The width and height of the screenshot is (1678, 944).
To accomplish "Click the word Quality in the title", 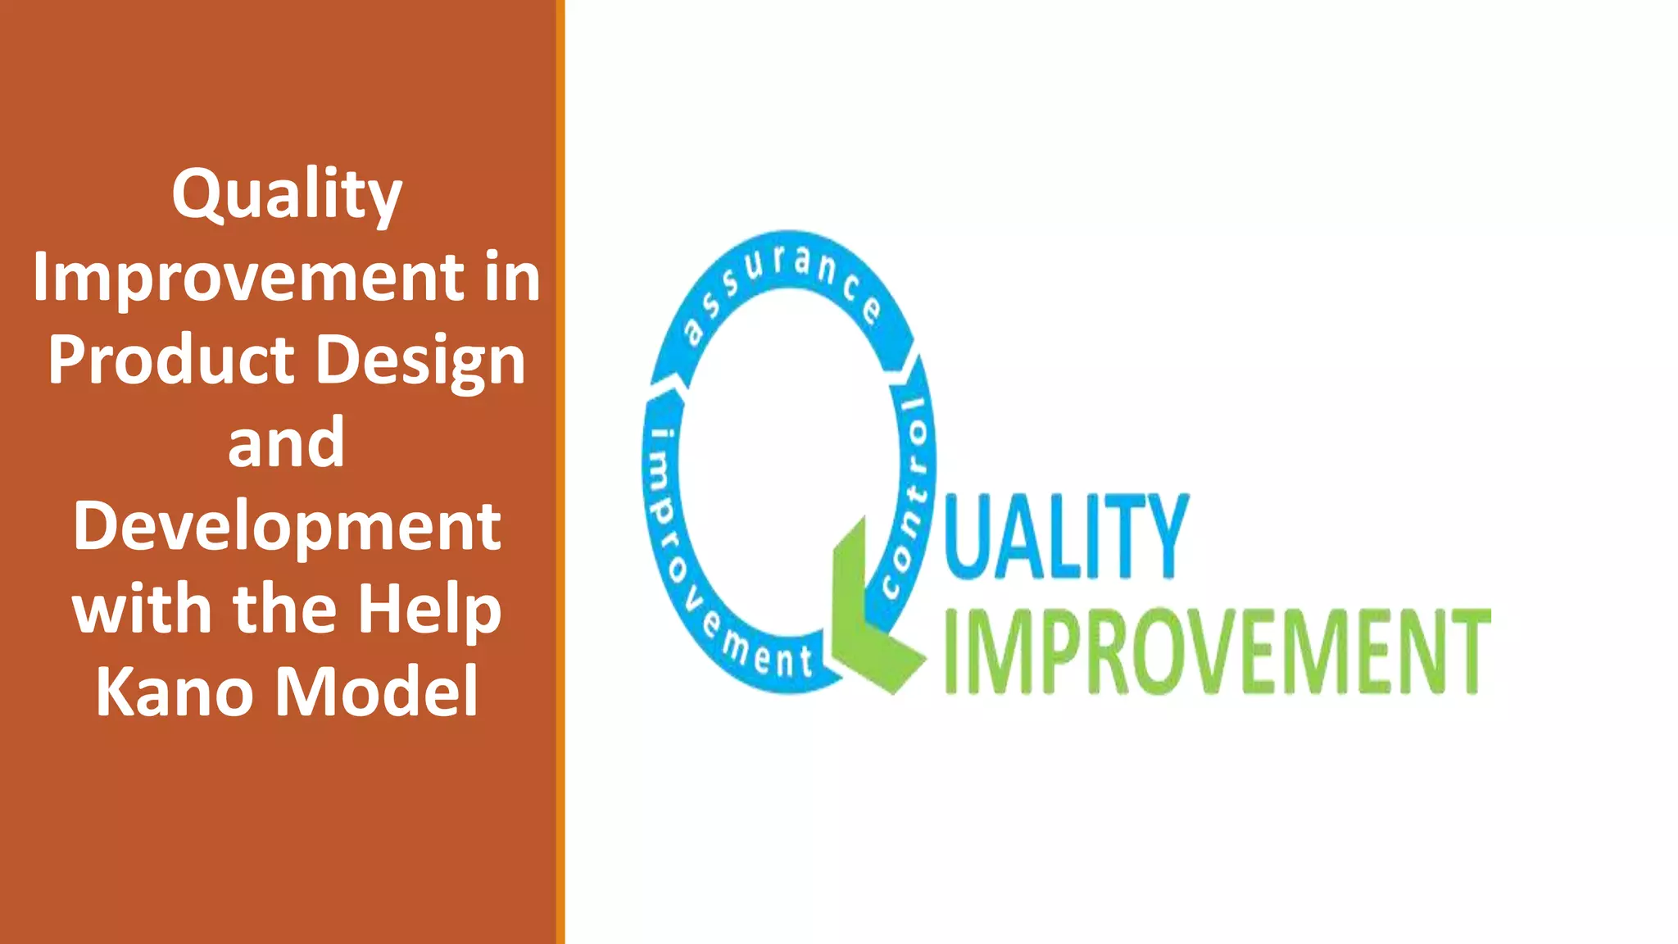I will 286,195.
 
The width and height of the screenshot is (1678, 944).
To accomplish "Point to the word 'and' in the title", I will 286,442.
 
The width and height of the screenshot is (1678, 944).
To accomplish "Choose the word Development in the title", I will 286,527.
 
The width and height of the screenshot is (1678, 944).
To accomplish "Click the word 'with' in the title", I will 144,608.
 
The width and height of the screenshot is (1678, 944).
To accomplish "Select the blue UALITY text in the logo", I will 1065,537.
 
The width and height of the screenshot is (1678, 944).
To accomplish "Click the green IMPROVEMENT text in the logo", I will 1217,652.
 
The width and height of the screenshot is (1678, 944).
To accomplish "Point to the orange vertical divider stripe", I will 560,472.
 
